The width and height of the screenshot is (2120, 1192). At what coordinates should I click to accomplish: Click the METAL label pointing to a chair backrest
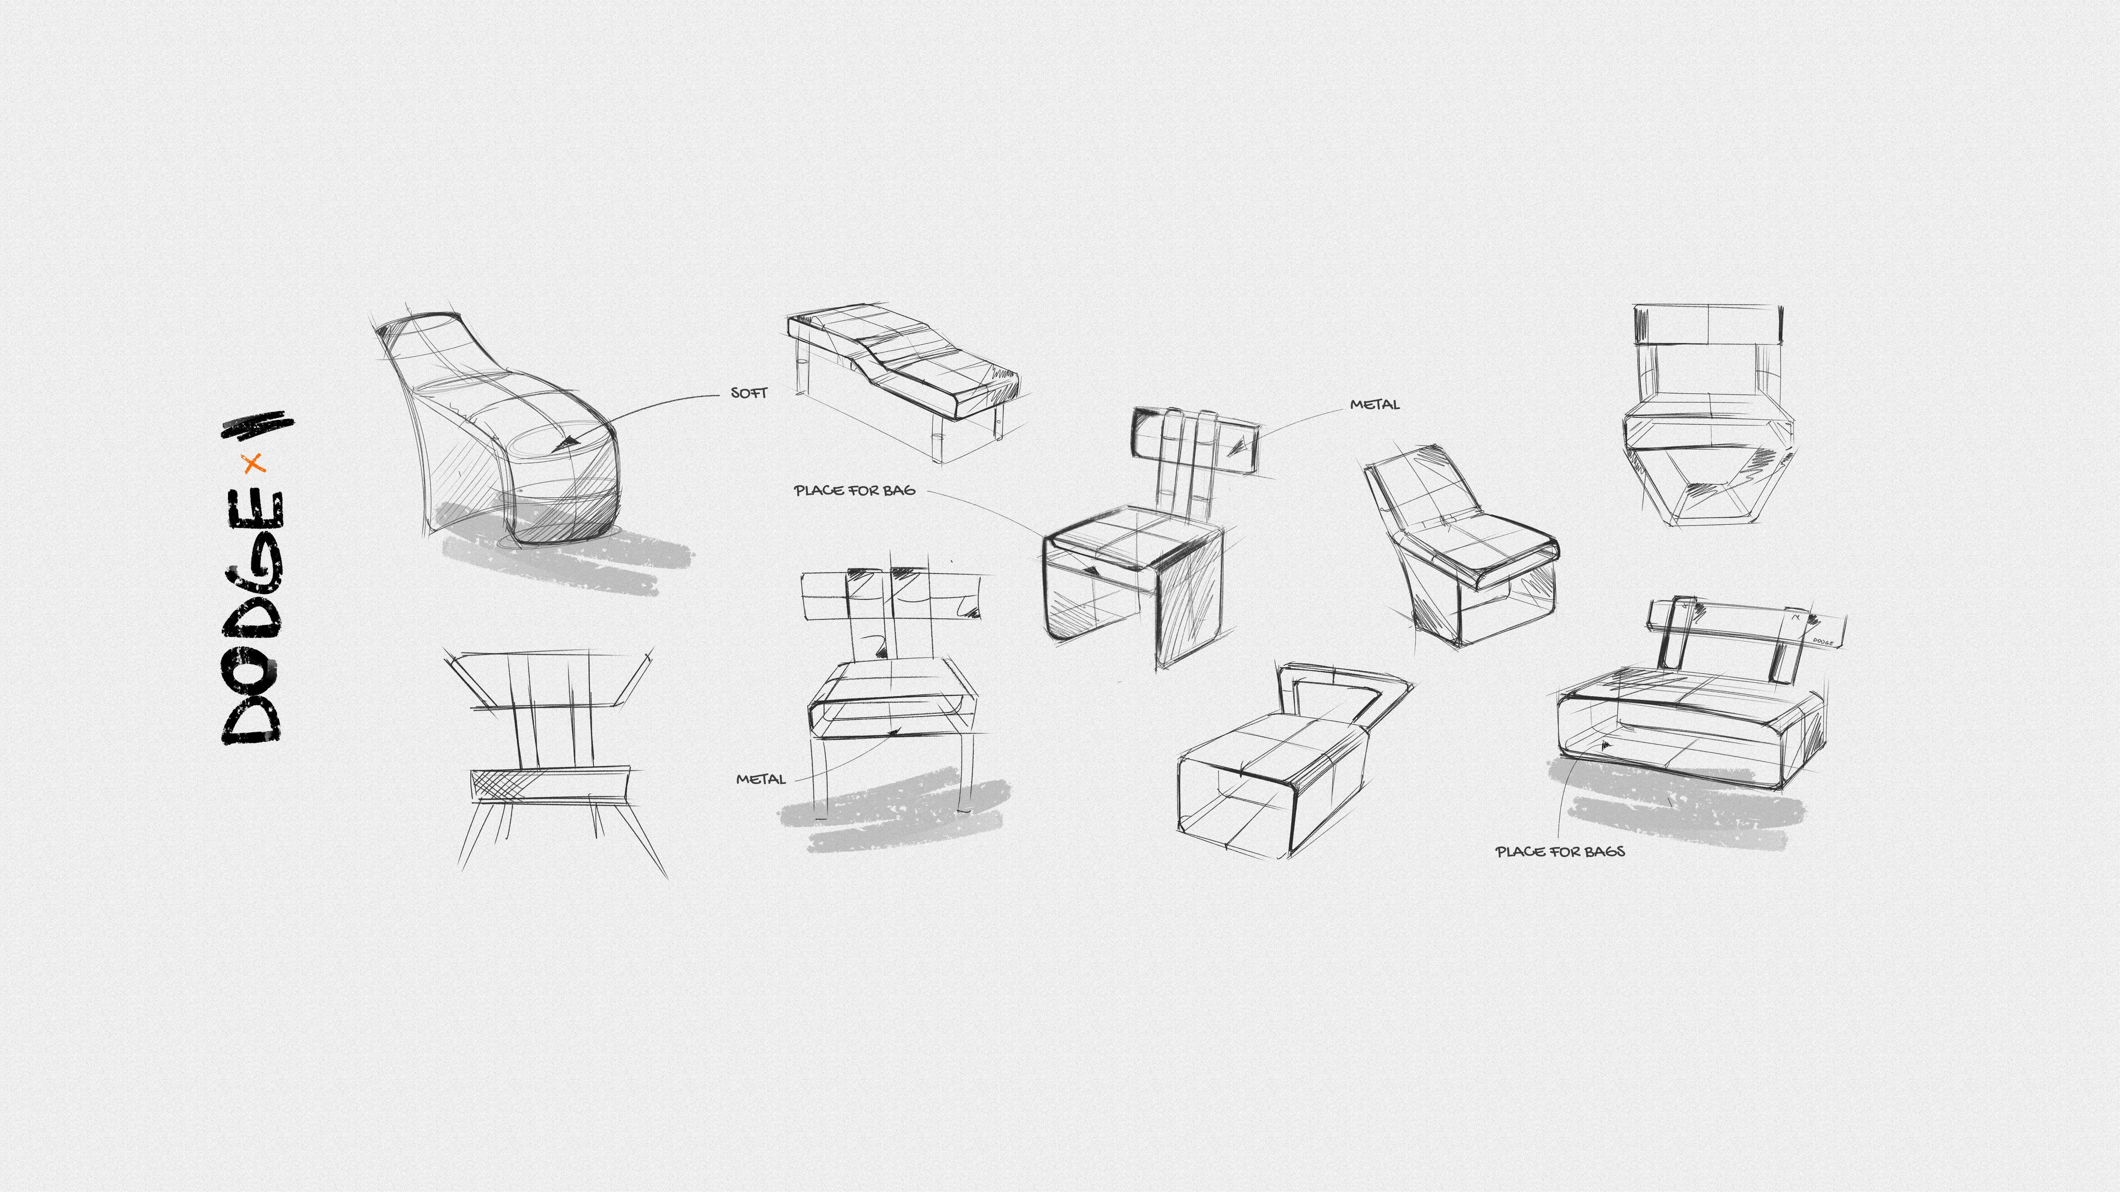(x=1374, y=405)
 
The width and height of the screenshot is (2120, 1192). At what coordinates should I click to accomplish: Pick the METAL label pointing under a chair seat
(x=760, y=779)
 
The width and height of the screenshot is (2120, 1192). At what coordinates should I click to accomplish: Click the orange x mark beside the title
(x=253, y=463)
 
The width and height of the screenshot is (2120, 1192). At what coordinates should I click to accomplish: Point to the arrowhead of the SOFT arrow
(x=566, y=444)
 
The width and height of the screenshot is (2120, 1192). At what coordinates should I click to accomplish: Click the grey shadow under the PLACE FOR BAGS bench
(x=1671, y=806)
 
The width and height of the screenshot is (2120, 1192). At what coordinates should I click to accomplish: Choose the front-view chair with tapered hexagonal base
(x=1708, y=415)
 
